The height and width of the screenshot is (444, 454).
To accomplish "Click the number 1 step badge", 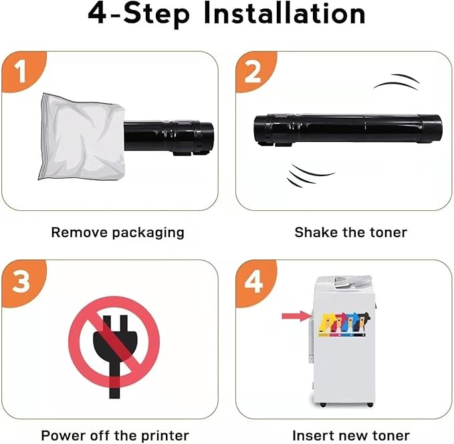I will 21,72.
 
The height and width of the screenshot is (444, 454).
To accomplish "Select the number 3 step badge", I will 21,281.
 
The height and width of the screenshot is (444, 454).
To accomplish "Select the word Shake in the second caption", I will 314,233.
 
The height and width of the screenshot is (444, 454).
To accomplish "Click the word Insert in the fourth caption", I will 312,435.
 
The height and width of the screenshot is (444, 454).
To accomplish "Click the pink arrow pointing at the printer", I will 295,315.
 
